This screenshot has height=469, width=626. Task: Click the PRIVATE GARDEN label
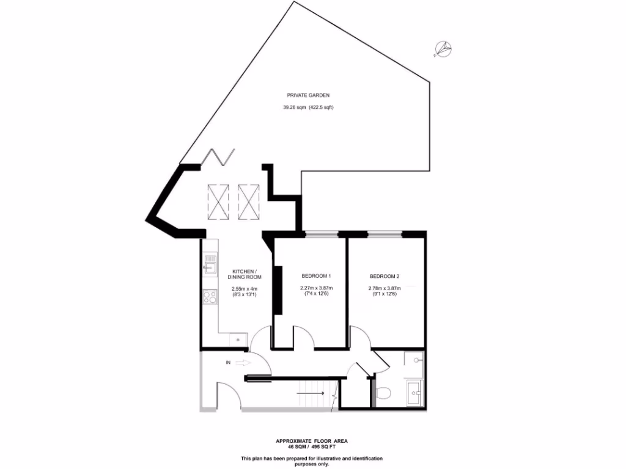309,95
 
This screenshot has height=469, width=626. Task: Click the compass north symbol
443,49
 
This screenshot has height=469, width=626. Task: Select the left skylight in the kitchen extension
218,201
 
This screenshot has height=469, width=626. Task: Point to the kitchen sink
210,264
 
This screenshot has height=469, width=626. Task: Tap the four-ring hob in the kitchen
210,297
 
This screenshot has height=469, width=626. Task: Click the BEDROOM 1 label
316,276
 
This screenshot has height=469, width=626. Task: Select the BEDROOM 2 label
383,276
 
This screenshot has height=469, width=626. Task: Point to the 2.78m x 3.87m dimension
383,289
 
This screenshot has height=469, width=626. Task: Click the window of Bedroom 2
385,233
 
